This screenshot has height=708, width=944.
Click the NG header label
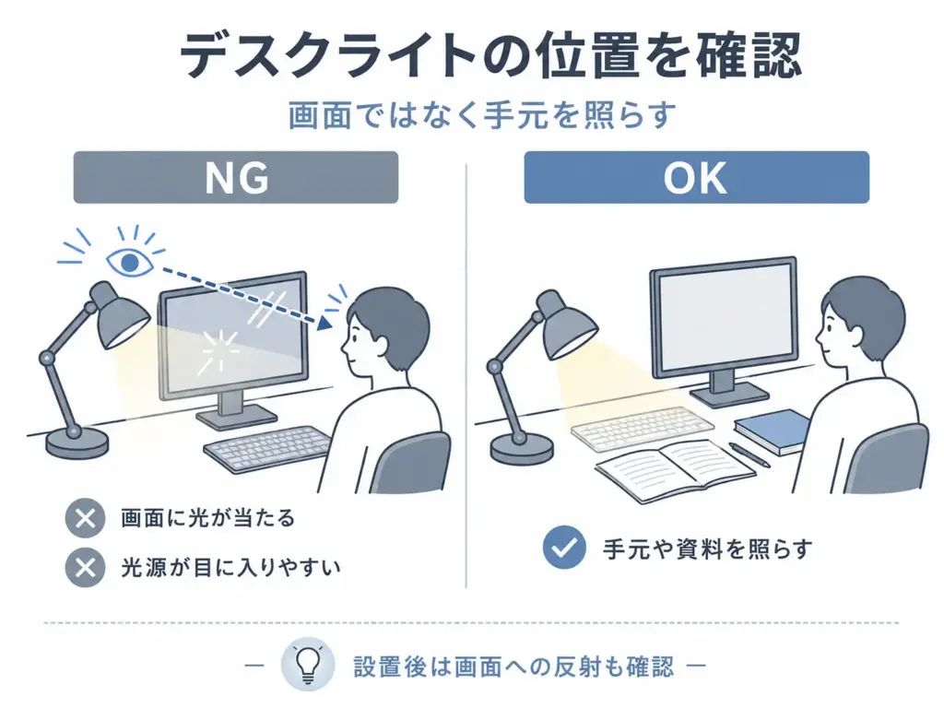[235, 177]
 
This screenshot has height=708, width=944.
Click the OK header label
[696, 177]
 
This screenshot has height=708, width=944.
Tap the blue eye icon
[129, 262]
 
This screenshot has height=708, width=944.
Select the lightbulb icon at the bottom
[308, 666]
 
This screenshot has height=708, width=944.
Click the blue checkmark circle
[564, 548]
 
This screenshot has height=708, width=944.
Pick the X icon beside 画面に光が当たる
[86, 518]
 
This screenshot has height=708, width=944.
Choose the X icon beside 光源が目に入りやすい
[86, 567]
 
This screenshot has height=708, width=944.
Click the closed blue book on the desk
[773, 431]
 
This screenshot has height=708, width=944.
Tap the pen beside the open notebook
[749, 454]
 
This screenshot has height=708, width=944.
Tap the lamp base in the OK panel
[522, 450]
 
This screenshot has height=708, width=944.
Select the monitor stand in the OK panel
[729, 389]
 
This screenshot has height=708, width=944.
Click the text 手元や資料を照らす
[708, 549]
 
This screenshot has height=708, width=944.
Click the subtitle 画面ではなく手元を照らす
[481, 115]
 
